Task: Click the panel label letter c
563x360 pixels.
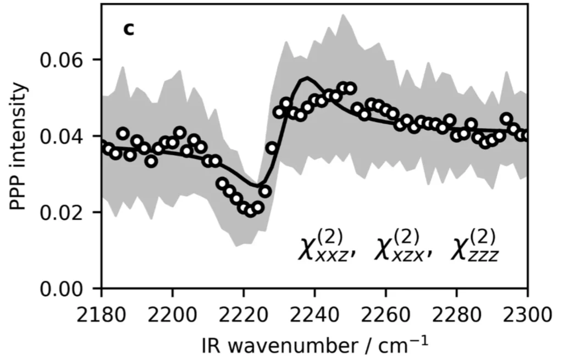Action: click(x=128, y=29)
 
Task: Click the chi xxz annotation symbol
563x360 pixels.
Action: click(x=325, y=248)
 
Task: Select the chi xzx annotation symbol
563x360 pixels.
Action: click(x=401, y=248)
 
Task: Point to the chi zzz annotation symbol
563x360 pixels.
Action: click(x=477, y=248)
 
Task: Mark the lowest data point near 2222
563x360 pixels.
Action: click(x=251, y=212)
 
